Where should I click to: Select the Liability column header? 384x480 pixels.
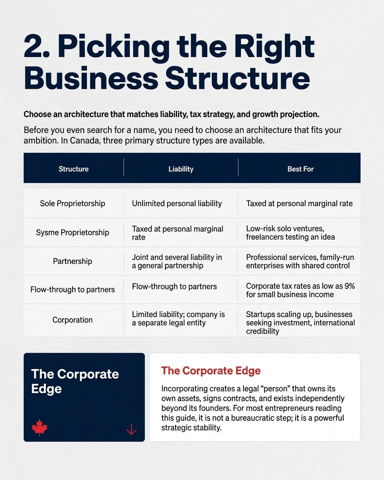pos(181,169)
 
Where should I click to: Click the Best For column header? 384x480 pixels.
pos(300,169)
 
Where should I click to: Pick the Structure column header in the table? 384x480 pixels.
pos(73,169)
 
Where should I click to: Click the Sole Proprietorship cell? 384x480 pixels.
pos(73,204)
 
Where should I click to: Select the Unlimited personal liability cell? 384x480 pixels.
pos(177,204)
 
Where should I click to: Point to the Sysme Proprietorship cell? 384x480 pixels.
pos(73,232)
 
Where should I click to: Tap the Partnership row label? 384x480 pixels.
pos(73,261)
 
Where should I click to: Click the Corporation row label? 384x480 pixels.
pos(73,320)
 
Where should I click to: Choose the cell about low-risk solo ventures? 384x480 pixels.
pos(290,232)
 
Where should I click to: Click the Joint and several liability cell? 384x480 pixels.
pos(177,261)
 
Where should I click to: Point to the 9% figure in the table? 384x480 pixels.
pos(349,286)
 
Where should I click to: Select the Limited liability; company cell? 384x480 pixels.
pos(178,318)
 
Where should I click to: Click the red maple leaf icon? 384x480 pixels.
pos(40,427)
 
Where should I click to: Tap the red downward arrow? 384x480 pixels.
pos(131,429)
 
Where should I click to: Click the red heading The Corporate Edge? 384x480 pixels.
pos(211,371)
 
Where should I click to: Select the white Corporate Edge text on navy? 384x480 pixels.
pos(75,381)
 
